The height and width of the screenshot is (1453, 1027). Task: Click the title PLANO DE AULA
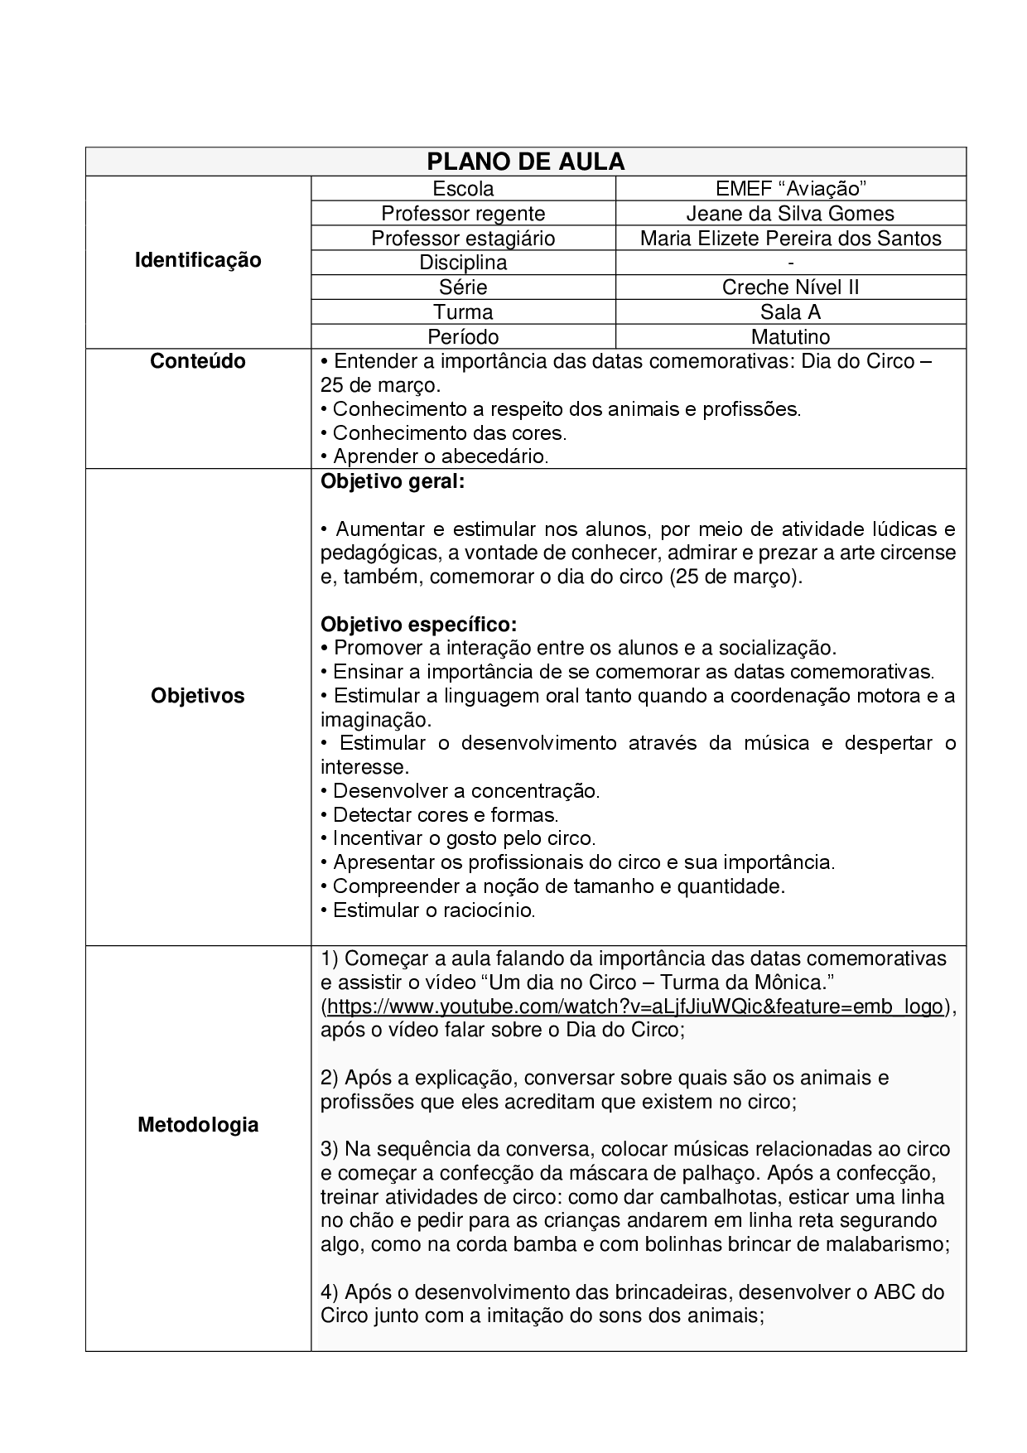[x=526, y=162]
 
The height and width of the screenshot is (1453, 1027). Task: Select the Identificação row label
[x=198, y=260]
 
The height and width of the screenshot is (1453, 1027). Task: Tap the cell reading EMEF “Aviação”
[x=790, y=189]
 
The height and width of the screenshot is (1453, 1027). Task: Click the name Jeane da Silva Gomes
[x=790, y=214]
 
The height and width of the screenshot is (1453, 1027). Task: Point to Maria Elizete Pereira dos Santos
[x=790, y=239]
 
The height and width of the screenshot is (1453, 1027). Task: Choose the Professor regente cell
[x=463, y=214]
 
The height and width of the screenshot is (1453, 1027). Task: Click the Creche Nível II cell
[x=790, y=287]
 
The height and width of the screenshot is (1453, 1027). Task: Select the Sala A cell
[x=790, y=312]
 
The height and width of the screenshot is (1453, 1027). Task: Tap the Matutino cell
[x=790, y=336]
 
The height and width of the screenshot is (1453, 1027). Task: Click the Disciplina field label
[x=463, y=263]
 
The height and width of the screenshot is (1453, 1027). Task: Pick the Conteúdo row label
[x=198, y=361]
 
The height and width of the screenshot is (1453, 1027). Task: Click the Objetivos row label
[x=198, y=696]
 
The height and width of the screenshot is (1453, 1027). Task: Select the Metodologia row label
[x=198, y=1125]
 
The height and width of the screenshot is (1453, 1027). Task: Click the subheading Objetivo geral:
[x=393, y=481]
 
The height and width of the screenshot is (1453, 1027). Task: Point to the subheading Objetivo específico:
[x=418, y=624]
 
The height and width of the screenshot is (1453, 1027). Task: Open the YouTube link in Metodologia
[x=635, y=1006]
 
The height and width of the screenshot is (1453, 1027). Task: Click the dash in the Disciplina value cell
[x=791, y=263]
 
